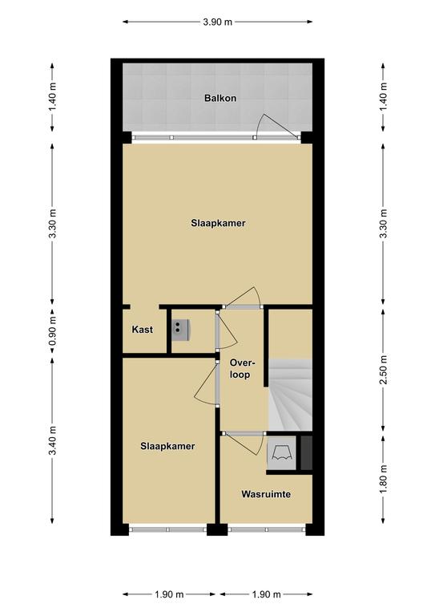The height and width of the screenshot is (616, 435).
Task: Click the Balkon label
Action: (x=220, y=98)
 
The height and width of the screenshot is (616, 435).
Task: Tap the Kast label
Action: (x=142, y=329)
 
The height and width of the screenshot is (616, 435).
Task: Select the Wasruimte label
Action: (x=266, y=494)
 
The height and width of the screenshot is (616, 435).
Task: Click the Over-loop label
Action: (x=240, y=368)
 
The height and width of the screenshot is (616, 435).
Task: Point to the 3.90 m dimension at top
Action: (x=218, y=22)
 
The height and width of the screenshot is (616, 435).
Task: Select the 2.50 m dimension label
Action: (x=384, y=370)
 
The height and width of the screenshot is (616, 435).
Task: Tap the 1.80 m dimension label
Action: (x=384, y=479)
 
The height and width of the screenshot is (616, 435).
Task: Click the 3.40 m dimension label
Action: (x=53, y=440)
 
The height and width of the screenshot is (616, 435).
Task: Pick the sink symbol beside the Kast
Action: (x=180, y=330)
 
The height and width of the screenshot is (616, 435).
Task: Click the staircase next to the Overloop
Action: (x=290, y=395)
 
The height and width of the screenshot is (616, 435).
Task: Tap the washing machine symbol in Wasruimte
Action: (x=281, y=452)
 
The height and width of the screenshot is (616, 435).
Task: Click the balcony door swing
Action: (x=278, y=125)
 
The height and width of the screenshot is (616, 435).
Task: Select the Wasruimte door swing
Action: (x=244, y=444)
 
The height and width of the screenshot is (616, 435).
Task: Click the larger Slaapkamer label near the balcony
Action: (x=218, y=223)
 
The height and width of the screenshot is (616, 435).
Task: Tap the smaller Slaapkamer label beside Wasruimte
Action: (x=167, y=446)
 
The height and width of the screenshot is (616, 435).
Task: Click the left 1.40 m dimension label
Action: (x=53, y=96)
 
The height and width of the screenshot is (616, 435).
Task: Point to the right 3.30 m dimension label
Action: (x=384, y=223)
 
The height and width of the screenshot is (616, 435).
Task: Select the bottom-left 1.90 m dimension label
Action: (x=169, y=594)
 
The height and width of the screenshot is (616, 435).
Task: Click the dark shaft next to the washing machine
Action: (x=306, y=452)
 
